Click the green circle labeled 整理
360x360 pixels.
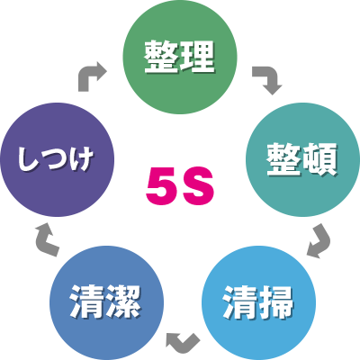pos(180,57)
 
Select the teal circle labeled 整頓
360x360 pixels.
pos(302,159)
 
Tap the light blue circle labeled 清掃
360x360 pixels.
pos(258,302)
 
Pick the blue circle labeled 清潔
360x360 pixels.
pos(106,302)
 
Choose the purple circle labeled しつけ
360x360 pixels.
pos(58,159)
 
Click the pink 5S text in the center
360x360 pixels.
pos(180,186)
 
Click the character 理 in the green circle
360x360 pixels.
pos(197,57)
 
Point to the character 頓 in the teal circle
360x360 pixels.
pos(320,159)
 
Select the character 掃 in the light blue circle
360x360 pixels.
pos(275,302)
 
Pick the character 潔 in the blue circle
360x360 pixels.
pos(123,302)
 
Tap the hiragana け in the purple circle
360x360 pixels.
pos(81,159)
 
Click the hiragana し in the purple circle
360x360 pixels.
pos(28,159)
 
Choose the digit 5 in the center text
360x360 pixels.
pos(162,186)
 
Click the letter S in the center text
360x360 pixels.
pos(198,186)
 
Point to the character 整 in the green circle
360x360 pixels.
pos(162,57)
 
